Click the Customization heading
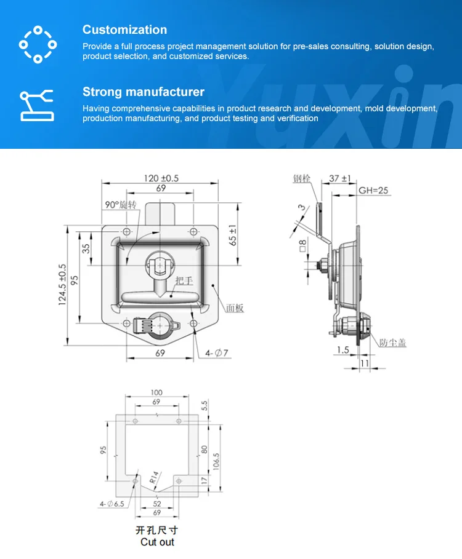tap(124, 30)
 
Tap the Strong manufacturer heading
tap(143, 92)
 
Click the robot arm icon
tap(37, 104)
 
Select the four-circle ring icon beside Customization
tap(38, 44)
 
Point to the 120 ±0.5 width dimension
tap(161, 178)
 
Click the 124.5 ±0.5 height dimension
tap(62, 284)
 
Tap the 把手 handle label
tap(184, 281)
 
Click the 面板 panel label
tap(235, 308)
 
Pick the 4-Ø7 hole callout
tap(217, 352)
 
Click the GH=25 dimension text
tap(373, 191)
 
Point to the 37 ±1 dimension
tap(339, 178)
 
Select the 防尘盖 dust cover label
tap(392, 343)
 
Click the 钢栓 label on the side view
tap(302, 179)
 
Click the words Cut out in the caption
tap(157, 542)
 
